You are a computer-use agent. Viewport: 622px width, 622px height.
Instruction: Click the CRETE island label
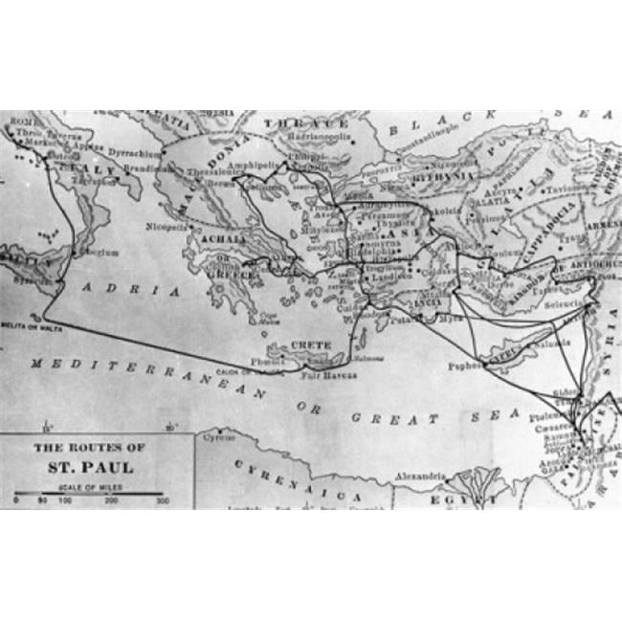pyautogui.click(x=309, y=344)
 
